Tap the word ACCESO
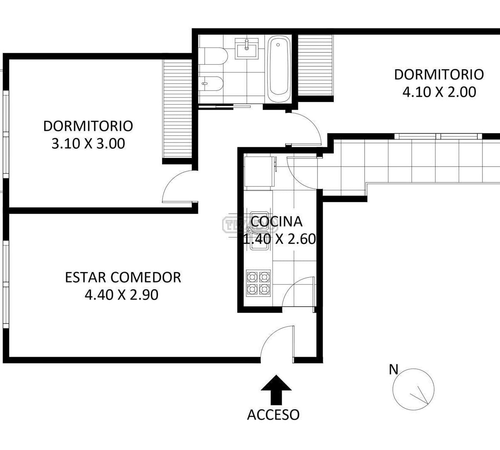click(273, 415)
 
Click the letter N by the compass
click(394, 370)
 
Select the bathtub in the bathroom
click(279, 69)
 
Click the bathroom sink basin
click(247, 49)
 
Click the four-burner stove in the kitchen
click(258, 283)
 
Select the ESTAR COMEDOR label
click(123, 277)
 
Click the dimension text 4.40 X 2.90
click(121, 295)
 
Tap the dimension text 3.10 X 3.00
click(88, 144)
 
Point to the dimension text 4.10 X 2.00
click(439, 92)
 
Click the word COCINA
click(276, 222)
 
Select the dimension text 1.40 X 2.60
click(279, 239)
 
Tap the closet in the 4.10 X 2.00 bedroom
click(315, 65)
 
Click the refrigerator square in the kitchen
click(259, 172)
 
